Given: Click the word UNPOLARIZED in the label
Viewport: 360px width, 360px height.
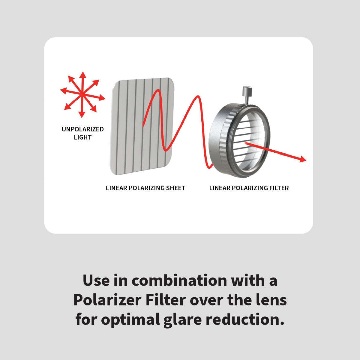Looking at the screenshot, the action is click(82, 129).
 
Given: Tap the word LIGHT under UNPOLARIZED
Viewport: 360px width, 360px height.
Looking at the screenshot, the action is click(82, 137).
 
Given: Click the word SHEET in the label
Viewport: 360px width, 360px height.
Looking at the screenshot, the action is click(175, 188).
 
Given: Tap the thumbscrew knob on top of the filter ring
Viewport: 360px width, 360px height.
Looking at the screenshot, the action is click(247, 91).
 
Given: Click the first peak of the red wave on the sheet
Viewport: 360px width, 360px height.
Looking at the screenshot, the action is click(158, 90).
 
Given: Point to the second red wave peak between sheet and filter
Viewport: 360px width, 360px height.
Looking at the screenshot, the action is click(198, 97).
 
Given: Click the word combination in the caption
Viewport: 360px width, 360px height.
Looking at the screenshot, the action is click(179, 281).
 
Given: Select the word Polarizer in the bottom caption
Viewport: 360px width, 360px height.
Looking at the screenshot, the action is click(107, 300).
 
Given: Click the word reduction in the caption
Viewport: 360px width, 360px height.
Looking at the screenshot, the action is click(245, 319).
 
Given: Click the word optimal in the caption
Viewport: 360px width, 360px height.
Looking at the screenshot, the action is click(130, 320).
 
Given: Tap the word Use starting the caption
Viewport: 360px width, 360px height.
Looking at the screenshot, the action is click(96, 281).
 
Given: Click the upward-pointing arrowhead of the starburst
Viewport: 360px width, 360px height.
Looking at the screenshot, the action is click(83, 74).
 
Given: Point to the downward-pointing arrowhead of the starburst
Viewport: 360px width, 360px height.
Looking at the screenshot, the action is click(82, 115).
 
